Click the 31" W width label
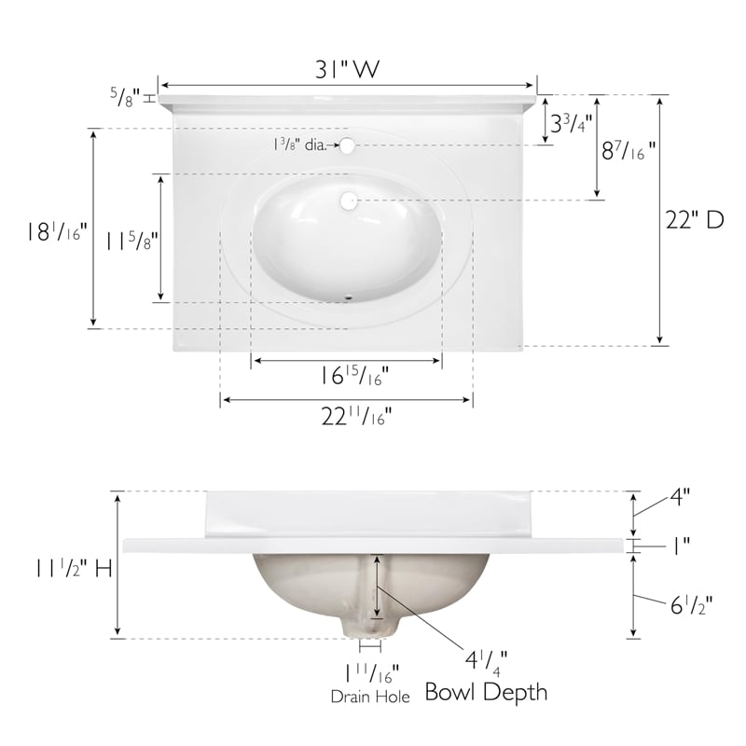[x=348, y=68]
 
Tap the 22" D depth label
[x=694, y=220]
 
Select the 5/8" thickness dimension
[x=126, y=97]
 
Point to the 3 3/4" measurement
[x=571, y=123]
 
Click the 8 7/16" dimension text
[x=628, y=150]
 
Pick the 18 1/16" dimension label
[x=57, y=231]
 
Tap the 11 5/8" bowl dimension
[x=131, y=241]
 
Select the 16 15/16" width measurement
[x=353, y=376]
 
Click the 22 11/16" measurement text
[x=356, y=416]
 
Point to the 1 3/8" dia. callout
[x=299, y=145]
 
